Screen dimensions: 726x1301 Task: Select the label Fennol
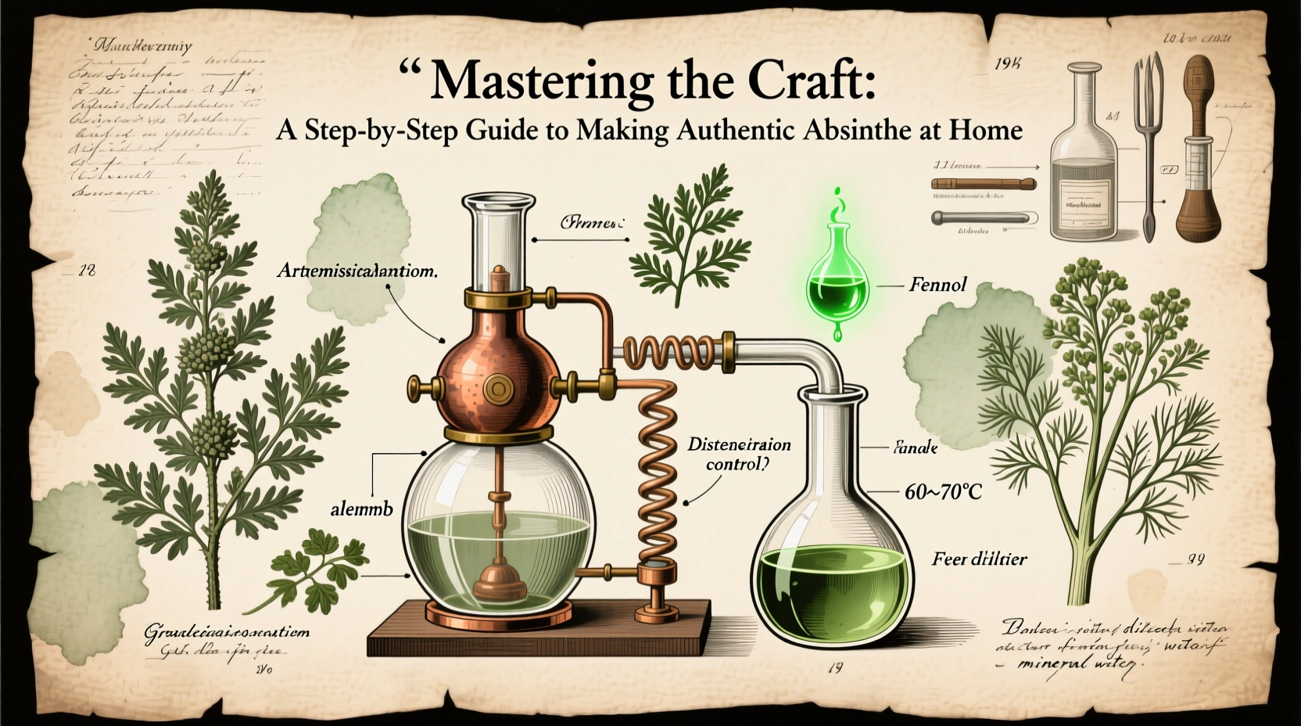coord(937,285)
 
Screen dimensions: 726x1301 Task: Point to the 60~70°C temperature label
coord(942,493)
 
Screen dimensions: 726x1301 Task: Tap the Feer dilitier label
coord(979,559)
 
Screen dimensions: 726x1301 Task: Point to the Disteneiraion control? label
coord(738,454)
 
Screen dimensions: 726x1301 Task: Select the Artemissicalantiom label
coord(357,271)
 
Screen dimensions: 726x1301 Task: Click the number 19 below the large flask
coord(833,668)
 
